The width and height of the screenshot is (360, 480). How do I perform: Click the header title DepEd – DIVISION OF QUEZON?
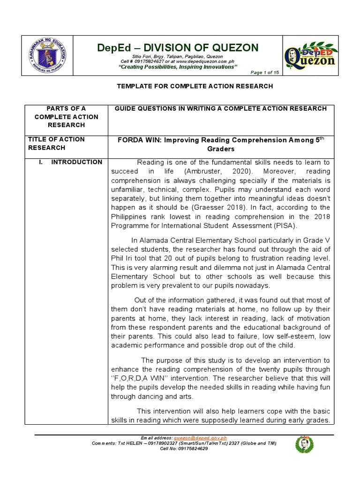[177, 47]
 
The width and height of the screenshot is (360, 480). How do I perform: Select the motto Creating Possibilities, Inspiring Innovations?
[177, 67]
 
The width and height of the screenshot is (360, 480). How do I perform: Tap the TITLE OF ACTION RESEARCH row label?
[56, 143]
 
